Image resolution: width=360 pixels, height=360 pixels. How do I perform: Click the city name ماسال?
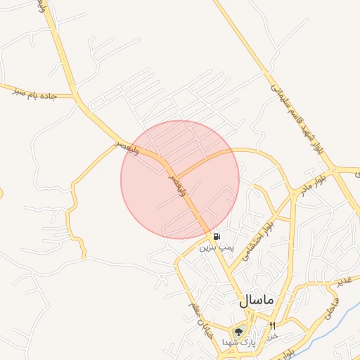point(257,300)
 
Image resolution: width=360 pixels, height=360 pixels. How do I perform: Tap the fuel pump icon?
point(216,236)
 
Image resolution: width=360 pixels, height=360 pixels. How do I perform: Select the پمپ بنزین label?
point(216,247)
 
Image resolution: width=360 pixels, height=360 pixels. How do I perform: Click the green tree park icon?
point(238,331)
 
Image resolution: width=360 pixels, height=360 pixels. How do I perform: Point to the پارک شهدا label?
point(238,342)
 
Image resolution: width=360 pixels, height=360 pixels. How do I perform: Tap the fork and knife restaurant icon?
point(272,326)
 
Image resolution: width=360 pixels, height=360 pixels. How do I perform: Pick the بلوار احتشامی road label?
point(257,239)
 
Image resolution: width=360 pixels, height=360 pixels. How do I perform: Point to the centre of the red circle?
point(180,179)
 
